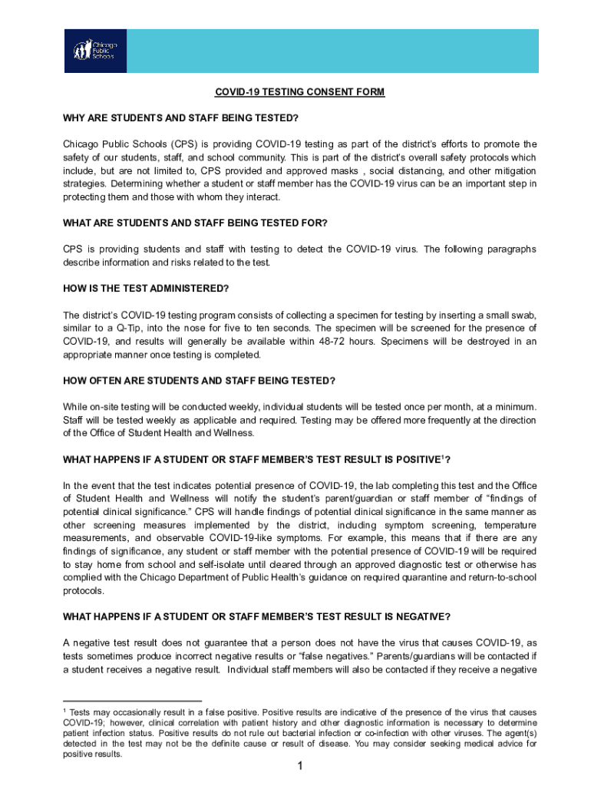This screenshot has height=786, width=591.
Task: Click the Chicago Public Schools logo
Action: click(94, 51)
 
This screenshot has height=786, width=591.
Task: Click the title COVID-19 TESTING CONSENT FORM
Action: click(299, 92)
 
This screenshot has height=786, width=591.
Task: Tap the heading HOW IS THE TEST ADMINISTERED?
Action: click(146, 289)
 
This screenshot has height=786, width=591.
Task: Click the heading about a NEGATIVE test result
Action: click(256, 616)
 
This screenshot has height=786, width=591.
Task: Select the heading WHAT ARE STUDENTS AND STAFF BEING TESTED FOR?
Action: click(195, 223)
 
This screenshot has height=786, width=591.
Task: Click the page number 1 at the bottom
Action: click(301, 766)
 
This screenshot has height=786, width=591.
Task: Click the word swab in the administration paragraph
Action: click(523, 315)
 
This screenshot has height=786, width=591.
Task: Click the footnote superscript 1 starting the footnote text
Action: click(64, 712)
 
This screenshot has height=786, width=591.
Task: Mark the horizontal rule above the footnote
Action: click(132, 701)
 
